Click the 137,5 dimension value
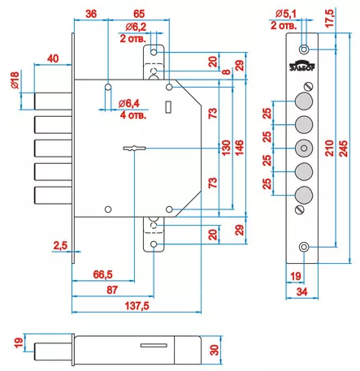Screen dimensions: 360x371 (137, 306)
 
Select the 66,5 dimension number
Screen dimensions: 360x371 (102, 274)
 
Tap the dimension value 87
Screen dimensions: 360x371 (112, 290)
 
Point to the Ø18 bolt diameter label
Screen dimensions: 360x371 (15, 80)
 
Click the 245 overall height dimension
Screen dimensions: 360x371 (343, 149)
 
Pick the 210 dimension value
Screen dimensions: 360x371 (329, 148)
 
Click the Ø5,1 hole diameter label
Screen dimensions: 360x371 (286, 14)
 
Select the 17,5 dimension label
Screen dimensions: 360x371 (330, 18)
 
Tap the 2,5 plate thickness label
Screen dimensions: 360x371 (60, 245)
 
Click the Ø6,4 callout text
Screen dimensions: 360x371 (129, 103)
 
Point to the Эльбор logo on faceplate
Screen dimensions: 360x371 (302, 66)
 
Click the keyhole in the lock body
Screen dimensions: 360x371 (135, 149)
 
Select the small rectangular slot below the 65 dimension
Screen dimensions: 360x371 (168, 107)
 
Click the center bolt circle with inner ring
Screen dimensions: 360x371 (304, 148)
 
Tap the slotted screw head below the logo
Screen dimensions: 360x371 (309, 86)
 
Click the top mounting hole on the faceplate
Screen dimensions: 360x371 (304, 50)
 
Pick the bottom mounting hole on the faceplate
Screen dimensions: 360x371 (304, 247)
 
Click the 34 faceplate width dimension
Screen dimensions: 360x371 (301, 291)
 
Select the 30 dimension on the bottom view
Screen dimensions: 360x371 (214, 350)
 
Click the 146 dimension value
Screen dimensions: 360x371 (239, 148)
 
